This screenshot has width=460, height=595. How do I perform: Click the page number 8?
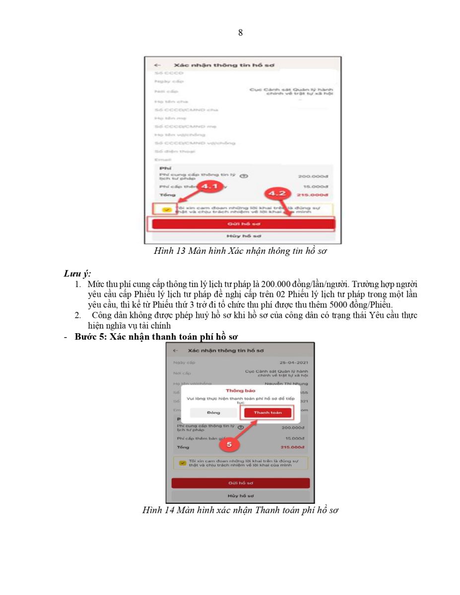click(x=241, y=33)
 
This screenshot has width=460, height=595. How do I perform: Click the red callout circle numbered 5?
click(x=229, y=445)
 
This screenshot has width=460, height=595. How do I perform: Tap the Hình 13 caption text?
click(x=240, y=251)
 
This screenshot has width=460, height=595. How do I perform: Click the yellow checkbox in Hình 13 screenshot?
click(x=167, y=209)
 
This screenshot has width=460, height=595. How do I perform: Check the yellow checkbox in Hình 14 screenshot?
click(x=183, y=463)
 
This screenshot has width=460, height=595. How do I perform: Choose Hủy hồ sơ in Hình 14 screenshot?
click(x=240, y=495)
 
